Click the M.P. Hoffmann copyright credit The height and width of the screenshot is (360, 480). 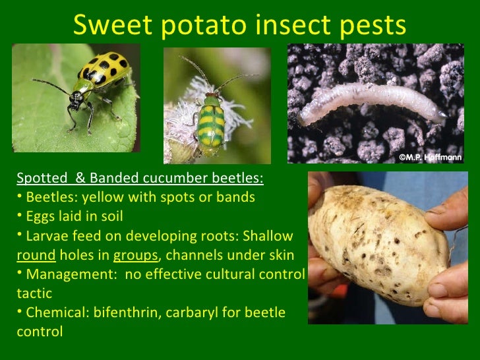click(431, 157)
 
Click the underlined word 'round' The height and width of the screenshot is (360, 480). click(35, 255)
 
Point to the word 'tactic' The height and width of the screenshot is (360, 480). click(34, 293)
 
